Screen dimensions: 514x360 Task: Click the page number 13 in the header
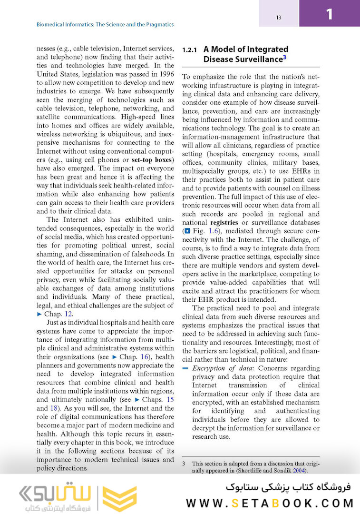click(x=279, y=18)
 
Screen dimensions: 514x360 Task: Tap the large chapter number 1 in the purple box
click(x=329, y=14)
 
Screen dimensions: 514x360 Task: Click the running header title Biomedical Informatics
click(x=105, y=24)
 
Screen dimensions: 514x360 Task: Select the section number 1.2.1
click(x=190, y=49)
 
